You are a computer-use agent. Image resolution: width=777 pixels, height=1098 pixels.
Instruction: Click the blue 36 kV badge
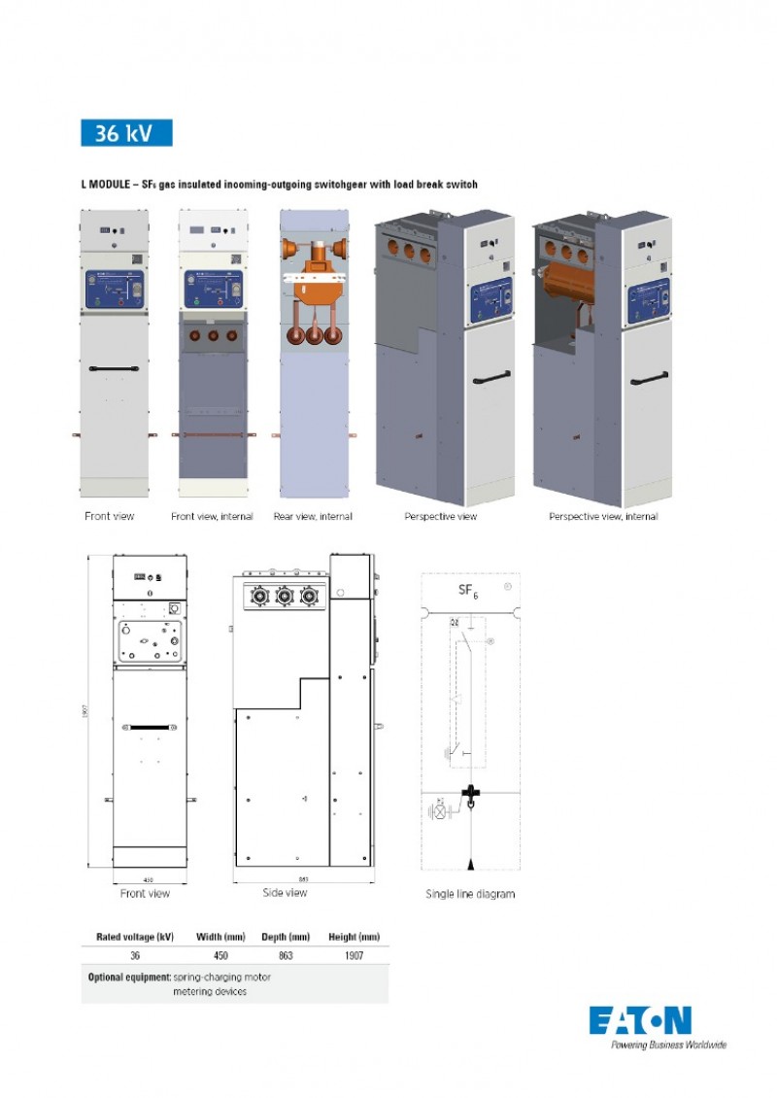[x=126, y=133]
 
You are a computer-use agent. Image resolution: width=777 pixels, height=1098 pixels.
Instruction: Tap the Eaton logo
[x=640, y=1020]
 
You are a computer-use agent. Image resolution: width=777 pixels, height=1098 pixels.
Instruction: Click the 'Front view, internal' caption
[x=212, y=517]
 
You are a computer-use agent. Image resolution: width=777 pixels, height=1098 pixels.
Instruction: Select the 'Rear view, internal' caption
[x=313, y=517]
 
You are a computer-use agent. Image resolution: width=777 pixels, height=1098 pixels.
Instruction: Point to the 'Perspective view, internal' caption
[x=603, y=517]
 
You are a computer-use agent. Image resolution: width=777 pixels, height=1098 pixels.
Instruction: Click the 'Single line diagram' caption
[x=470, y=894]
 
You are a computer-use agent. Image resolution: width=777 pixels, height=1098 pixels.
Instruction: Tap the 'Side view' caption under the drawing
[x=285, y=892]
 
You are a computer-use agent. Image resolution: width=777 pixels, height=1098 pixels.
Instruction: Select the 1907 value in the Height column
[x=354, y=956]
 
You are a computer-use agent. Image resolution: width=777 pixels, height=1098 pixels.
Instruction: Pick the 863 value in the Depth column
[x=286, y=956]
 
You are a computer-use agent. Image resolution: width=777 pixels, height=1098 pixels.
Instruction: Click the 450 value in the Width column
[x=220, y=956]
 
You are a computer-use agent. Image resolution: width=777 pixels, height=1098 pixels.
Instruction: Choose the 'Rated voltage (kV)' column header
[x=134, y=937]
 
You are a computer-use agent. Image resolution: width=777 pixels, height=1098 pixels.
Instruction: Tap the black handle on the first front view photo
[x=114, y=369]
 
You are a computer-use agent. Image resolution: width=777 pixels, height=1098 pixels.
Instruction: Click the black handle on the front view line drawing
[x=149, y=727]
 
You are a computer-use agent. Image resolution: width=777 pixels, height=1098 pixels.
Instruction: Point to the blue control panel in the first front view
[x=114, y=290]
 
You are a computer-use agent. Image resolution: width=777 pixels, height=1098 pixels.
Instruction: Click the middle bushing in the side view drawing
[x=285, y=597]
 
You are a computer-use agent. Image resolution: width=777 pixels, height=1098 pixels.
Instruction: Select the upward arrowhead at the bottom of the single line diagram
[x=471, y=864]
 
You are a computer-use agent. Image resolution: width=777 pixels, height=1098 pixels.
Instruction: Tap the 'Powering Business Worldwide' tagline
[x=668, y=1045]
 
